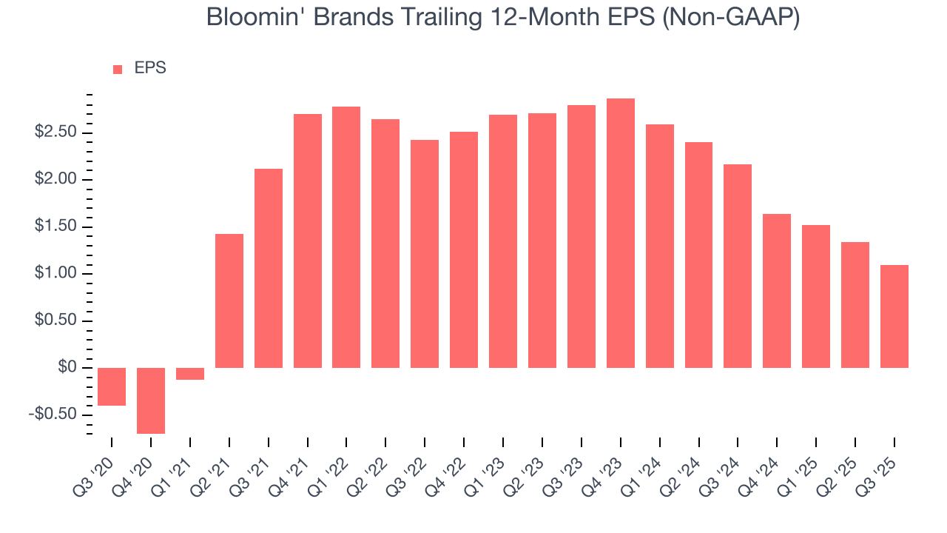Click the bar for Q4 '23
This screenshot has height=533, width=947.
click(621, 233)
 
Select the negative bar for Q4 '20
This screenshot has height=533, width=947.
click(151, 400)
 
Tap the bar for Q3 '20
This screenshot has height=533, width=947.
click(112, 386)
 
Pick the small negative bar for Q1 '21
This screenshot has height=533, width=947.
click(190, 374)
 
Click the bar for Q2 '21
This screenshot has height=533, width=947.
click(229, 301)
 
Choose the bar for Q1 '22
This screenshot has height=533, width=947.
click(346, 237)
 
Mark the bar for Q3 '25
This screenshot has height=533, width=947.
click(894, 316)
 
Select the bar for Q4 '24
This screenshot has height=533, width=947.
click(777, 291)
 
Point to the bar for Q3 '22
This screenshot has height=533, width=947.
click(425, 254)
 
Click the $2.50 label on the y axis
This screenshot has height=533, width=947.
click(56, 133)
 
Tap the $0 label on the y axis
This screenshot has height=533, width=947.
click(67, 368)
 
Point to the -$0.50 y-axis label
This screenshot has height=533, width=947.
click(53, 415)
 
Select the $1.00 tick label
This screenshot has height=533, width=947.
click(56, 274)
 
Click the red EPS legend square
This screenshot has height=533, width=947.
click(118, 70)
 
